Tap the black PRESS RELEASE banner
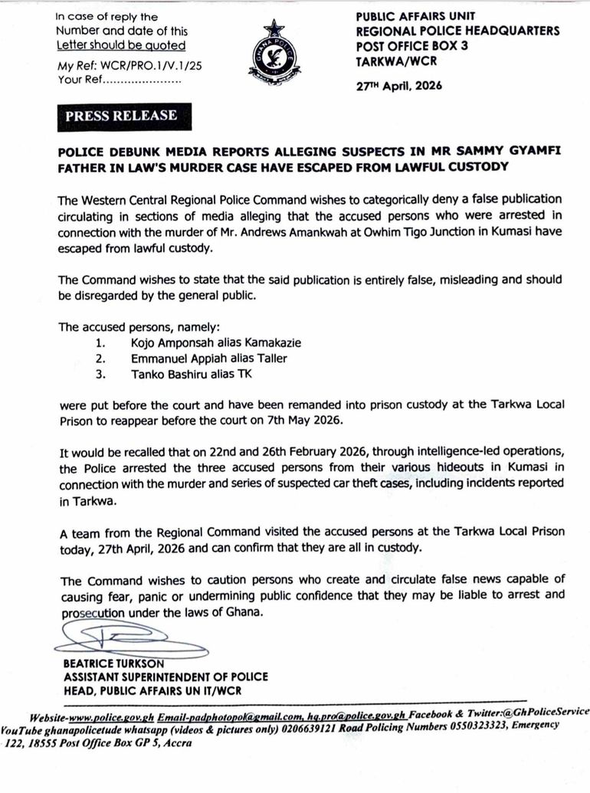coord(121,116)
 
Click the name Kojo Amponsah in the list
coord(179,342)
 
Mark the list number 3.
coord(100,374)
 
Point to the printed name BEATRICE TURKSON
coord(117,664)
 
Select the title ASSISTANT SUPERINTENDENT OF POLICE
coord(166,677)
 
